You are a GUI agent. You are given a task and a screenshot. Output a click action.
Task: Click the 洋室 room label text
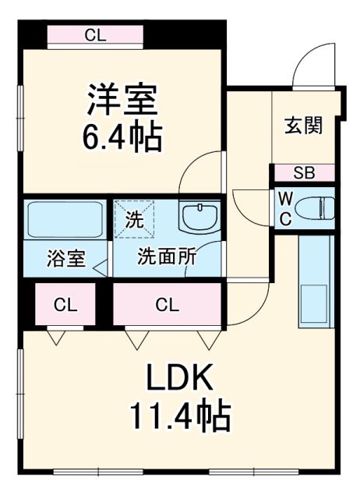pos(122,100)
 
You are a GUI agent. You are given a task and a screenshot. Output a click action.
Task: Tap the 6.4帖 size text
pos(122,137)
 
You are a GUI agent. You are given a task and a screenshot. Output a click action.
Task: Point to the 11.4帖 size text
pos(180,416)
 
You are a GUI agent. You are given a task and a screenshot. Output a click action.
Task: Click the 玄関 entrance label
pos(303,126)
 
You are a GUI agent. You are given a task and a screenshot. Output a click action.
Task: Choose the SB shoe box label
pos(303,173)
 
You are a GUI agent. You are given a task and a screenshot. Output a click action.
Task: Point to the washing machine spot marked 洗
pos(136,219)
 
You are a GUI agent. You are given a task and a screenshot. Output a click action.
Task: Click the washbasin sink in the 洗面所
pos(200,217)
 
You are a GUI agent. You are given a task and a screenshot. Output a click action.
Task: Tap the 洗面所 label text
pos(167,256)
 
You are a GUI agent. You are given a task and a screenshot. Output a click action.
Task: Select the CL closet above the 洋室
pos(96,35)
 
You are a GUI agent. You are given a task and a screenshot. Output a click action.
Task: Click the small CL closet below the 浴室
pos(65,305)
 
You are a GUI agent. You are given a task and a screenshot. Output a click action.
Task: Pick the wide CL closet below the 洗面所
pos(167,305)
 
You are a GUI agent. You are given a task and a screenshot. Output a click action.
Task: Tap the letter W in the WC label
pos(286,198)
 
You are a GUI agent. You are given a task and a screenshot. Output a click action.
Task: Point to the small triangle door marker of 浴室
pos(100,270)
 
